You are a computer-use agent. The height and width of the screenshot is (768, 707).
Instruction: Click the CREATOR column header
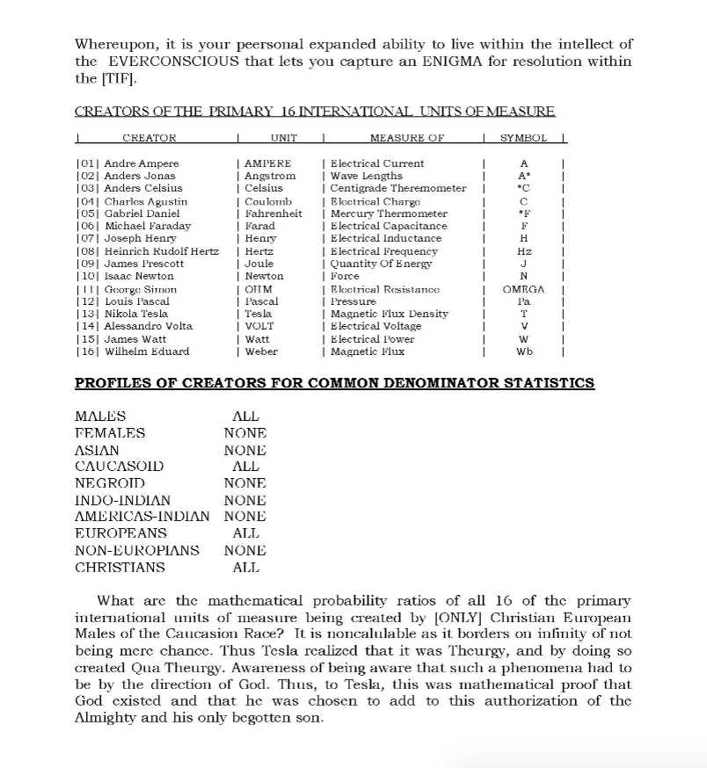coord(149,138)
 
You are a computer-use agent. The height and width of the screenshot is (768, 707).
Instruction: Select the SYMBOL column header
coord(523,138)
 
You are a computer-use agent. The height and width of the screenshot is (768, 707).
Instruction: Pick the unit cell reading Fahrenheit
coord(273,214)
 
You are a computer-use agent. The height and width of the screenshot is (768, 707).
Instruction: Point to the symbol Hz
coord(524,251)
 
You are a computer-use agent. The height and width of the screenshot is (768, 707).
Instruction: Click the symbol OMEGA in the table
coord(524,289)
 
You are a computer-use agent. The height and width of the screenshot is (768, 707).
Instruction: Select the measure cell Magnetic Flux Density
coord(390,314)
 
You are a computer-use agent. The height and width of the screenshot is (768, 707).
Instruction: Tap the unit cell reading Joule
coord(259,264)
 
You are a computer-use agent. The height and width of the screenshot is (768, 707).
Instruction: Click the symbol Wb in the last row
coord(525,351)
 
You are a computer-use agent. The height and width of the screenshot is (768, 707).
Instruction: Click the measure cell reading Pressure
coord(353,301)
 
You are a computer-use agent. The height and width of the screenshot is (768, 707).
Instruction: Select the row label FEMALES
coord(110,433)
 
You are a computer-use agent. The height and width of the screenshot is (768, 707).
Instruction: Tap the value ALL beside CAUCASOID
coord(245,467)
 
